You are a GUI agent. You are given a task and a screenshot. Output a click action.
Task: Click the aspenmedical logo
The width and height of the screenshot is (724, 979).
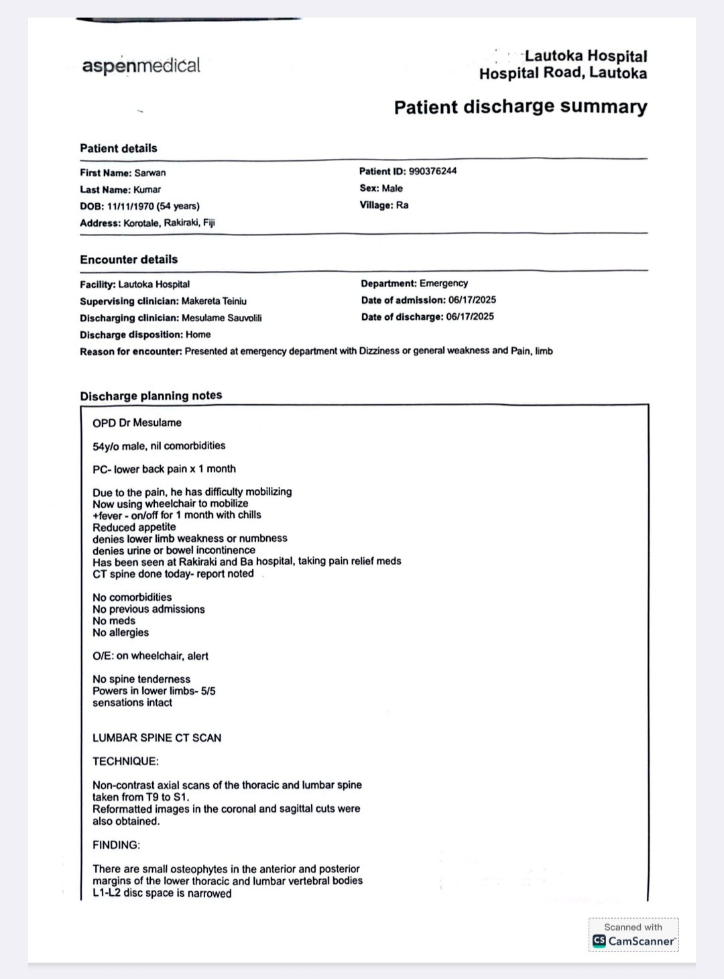[x=141, y=66]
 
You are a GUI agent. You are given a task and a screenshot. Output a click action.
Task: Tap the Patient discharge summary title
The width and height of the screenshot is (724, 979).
[x=520, y=107]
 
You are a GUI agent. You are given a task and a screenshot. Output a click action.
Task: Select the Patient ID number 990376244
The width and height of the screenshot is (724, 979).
[x=432, y=171]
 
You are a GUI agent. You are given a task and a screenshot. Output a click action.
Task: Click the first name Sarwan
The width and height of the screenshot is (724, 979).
[x=149, y=172]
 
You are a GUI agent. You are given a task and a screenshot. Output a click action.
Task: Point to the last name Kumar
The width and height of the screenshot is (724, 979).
[x=147, y=190]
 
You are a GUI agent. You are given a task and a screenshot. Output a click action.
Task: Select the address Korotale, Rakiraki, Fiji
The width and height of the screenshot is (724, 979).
[x=169, y=223]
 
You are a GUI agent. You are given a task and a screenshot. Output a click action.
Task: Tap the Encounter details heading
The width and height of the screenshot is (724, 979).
[x=129, y=260]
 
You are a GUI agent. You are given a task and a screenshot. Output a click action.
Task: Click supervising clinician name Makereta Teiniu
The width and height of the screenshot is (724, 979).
[x=213, y=301]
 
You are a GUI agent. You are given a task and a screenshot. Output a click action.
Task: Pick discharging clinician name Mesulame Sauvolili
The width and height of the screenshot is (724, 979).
[x=221, y=318]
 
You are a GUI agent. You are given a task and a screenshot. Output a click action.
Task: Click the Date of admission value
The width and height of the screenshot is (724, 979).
[x=472, y=300]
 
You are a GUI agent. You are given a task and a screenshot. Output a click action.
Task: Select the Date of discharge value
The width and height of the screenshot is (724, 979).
[x=469, y=316]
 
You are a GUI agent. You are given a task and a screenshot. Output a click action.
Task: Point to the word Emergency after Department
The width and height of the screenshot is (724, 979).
[x=443, y=283]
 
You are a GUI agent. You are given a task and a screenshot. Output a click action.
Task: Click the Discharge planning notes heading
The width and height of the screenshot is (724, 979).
[x=151, y=396]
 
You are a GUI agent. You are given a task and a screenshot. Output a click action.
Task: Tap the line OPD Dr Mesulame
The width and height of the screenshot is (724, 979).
[x=137, y=422]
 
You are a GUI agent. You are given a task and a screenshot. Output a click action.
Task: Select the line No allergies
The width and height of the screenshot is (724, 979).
[x=121, y=632]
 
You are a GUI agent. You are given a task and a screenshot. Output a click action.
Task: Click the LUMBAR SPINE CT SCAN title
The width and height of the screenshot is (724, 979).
[x=157, y=738]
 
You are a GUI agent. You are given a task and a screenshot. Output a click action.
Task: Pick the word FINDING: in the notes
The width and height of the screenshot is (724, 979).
[x=116, y=845]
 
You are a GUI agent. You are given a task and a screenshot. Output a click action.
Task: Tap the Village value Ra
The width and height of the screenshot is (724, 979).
[x=402, y=205]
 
